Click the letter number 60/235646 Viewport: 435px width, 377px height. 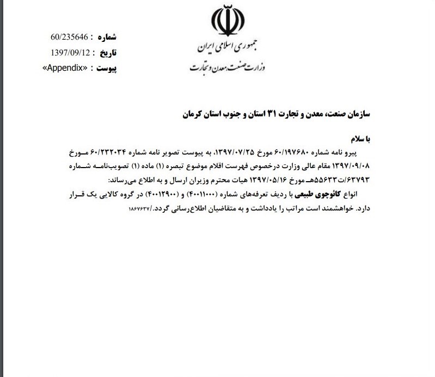[69, 38]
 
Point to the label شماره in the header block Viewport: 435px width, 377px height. [106, 38]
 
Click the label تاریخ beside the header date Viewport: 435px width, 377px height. [106, 53]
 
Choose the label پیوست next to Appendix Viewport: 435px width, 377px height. [106, 68]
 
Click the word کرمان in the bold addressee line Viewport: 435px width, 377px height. [189, 115]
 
